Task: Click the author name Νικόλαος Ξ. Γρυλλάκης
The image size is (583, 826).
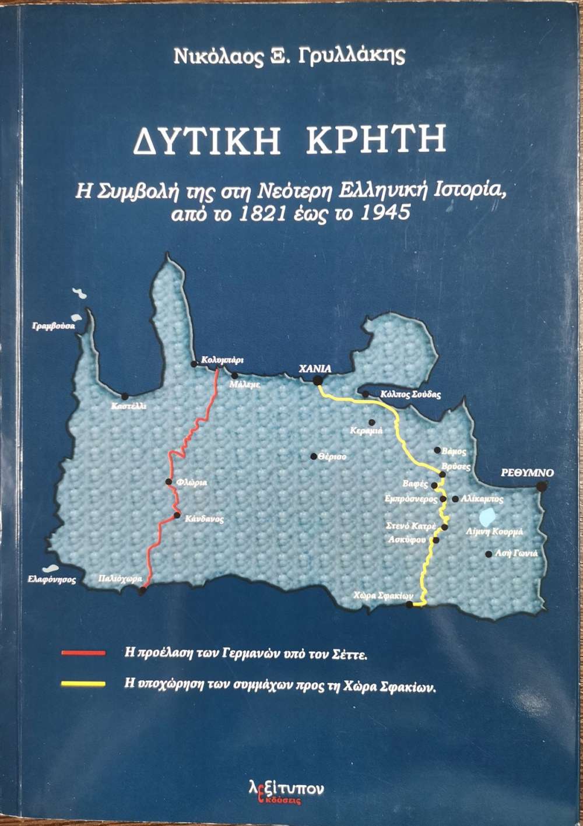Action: point(289,57)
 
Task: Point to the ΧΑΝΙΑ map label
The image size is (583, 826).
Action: point(315,368)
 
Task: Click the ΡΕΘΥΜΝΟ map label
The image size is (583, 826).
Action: point(528,473)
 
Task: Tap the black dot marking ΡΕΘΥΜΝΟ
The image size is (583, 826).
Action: point(542,486)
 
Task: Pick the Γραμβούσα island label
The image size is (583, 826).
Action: point(54,326)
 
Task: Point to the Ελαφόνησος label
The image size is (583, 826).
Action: point(52,580)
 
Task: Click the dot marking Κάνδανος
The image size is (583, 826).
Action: point(177,515)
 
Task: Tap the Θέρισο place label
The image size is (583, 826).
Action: point(332,457)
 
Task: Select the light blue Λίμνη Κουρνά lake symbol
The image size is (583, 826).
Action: point(487,516)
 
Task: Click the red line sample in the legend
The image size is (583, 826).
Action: point(83,653)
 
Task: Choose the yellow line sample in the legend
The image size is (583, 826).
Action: point(83,684)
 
